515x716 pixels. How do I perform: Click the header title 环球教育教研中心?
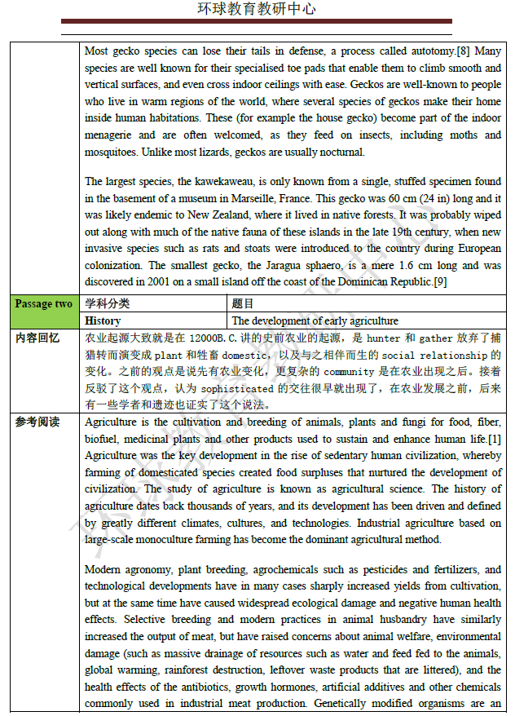[257, 9]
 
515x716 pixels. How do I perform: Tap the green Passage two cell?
[43, 304]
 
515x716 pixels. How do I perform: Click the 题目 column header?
[242, 304]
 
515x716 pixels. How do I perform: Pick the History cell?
[103, 321]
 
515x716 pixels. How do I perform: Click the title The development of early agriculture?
[315, 321]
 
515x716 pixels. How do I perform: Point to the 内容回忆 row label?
[37, 338]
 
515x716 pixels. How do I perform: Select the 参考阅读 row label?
[37, 422]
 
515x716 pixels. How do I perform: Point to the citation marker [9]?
[439, 282]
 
